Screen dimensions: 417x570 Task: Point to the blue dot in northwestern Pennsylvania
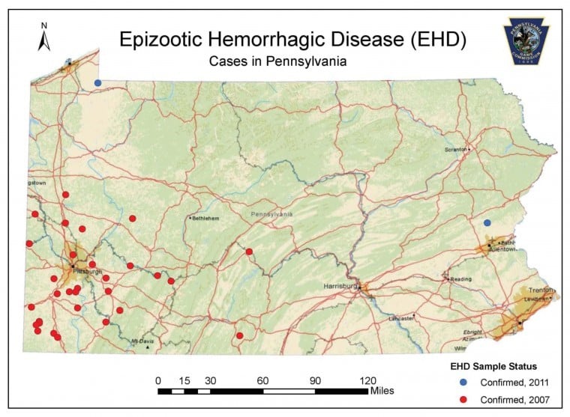97,82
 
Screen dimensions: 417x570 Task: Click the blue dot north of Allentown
487,222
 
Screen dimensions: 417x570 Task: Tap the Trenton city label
541,289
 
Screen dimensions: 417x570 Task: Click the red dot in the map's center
249,252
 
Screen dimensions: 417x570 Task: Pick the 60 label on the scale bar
262,380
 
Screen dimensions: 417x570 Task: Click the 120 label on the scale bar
367,380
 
